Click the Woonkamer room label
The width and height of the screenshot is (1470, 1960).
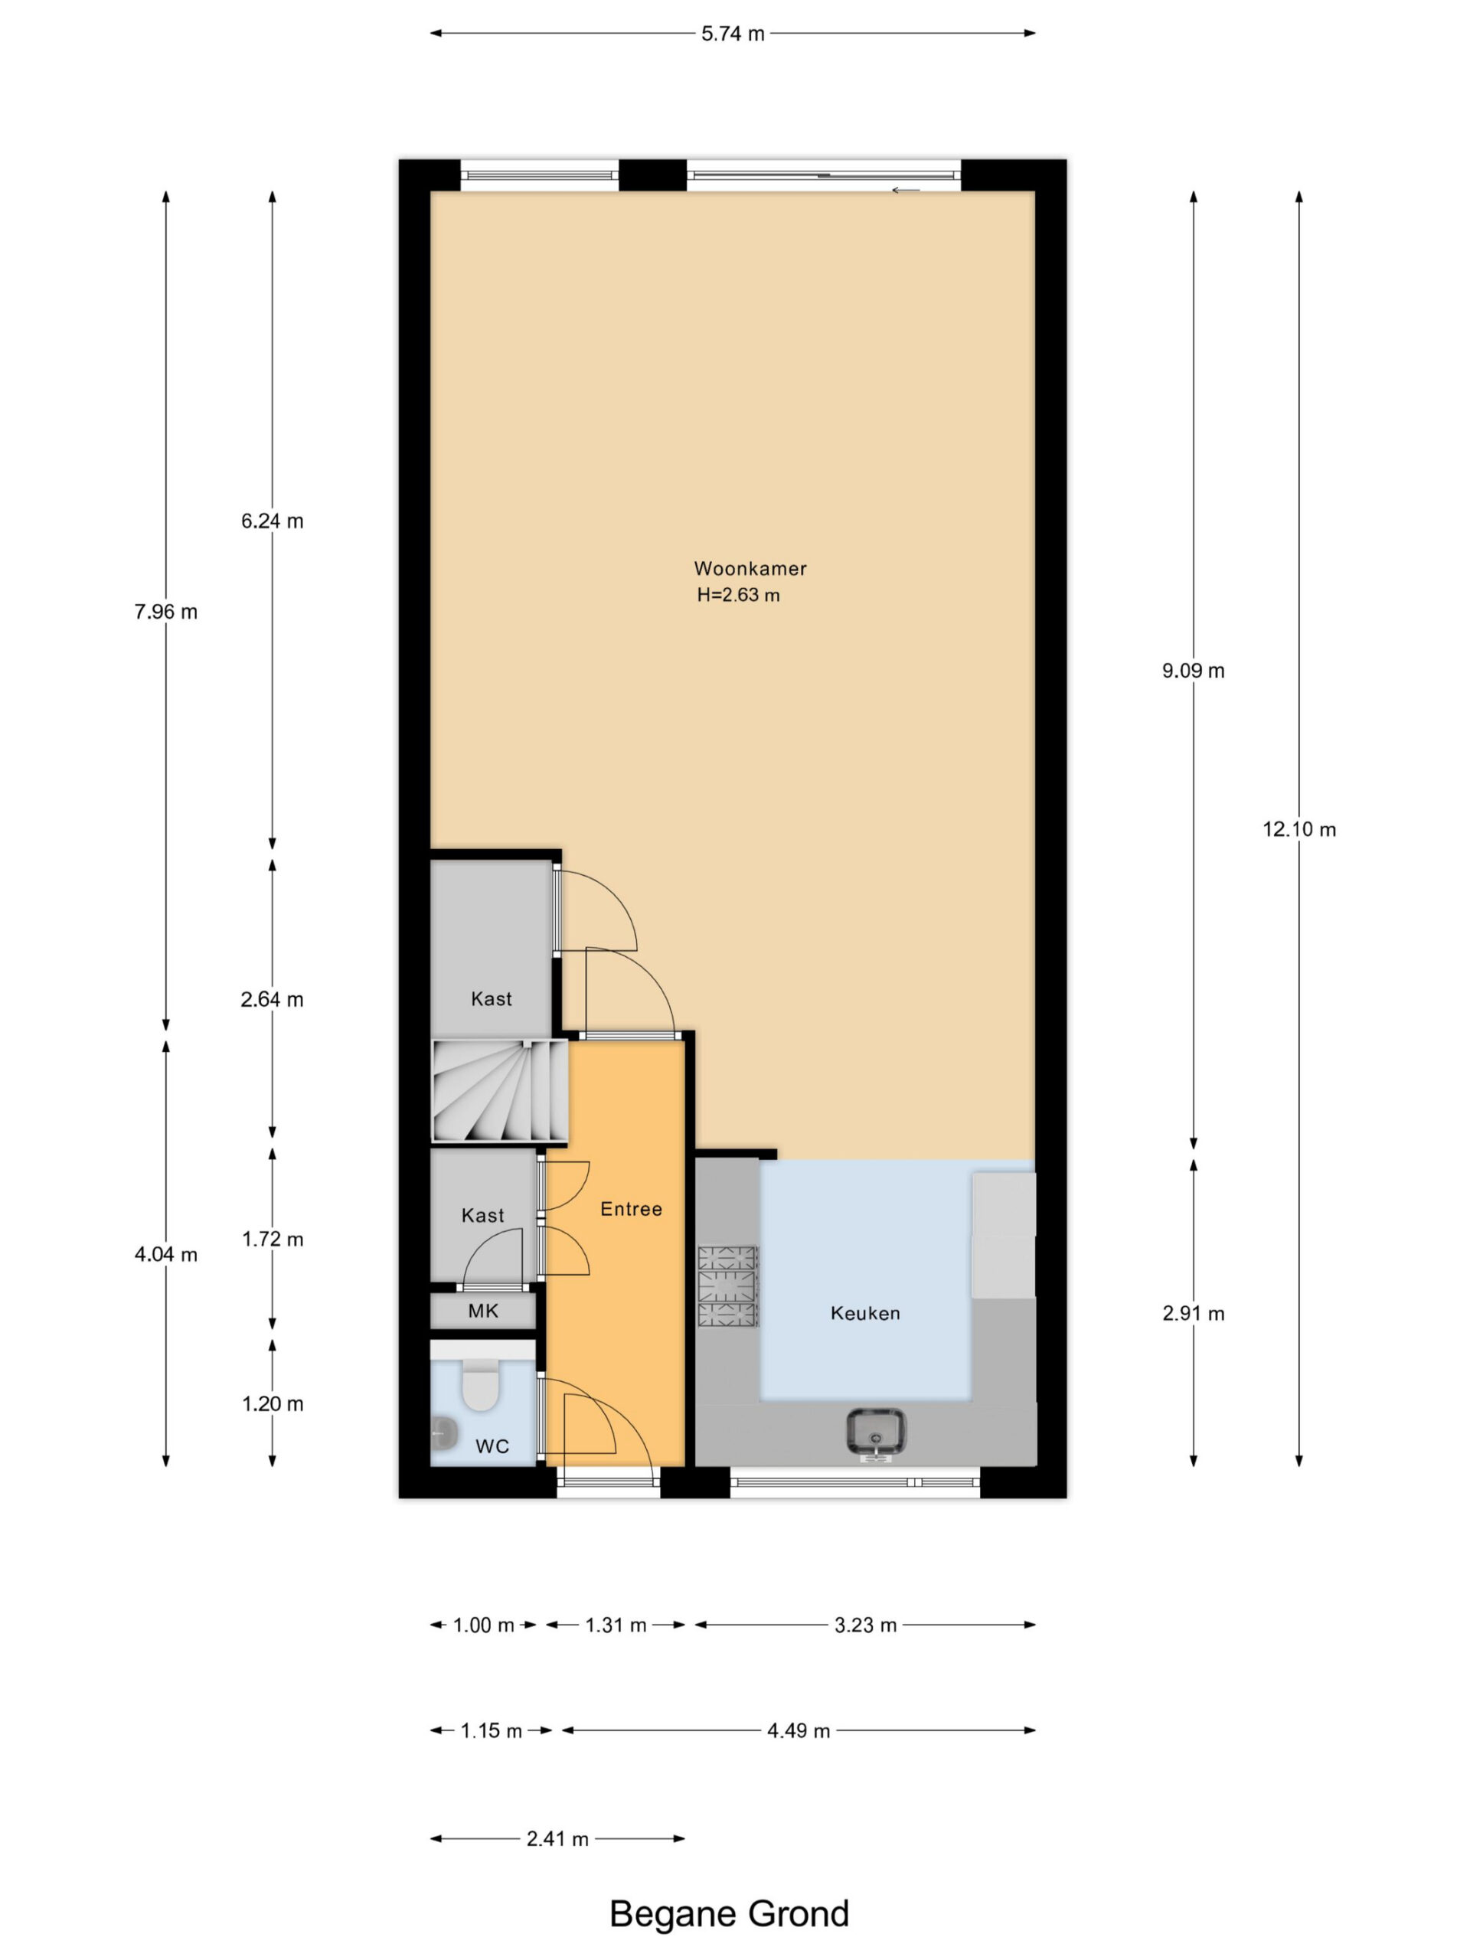[750, 568]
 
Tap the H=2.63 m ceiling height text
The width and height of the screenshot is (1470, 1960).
[738, 595]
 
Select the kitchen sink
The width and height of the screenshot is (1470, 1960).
[875, 1432]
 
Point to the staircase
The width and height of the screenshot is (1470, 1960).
[500, 1091]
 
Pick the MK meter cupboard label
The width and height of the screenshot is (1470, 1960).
[483, 1311]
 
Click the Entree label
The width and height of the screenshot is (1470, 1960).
[631, 1209]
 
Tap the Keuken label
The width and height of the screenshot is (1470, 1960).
[865, 1313]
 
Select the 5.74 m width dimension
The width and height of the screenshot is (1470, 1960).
[733, 34]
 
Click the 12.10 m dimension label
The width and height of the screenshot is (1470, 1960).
[1299, 829]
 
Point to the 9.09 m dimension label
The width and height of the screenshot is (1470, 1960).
[1193, 671]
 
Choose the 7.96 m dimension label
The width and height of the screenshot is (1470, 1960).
[165, 612]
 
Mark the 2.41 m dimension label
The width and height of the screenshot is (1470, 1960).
[557, 1838]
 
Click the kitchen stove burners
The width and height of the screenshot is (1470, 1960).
[727, 1286]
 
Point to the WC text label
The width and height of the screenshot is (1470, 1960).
[492, 1447]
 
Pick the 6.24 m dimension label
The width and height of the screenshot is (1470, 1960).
[272, 521]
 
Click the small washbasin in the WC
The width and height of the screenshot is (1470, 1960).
[443, 1429]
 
